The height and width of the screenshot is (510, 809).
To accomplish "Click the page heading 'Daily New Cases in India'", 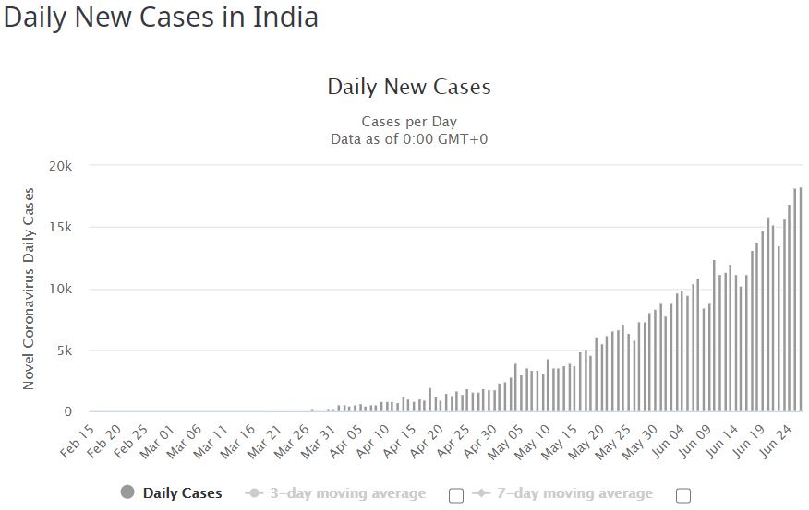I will point(161,18).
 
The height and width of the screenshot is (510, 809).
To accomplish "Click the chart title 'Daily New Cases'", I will point(408,88).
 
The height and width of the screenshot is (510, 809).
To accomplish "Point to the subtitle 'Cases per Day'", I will point(408,122).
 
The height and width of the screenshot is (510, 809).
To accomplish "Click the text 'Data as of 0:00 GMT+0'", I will point(408,138).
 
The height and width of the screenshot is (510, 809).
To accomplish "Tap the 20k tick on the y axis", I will point(61,166).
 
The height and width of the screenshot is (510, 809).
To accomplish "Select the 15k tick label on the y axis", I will point(61,228).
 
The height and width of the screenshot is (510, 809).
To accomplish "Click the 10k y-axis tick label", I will point(61,290).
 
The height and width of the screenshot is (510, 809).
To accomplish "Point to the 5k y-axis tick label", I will point(65,350).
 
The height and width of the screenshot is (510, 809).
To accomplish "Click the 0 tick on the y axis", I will point(68,412).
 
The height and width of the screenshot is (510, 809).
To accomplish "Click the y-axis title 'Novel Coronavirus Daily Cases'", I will point(29,289).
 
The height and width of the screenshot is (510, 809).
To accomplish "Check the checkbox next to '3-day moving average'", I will point(455,495).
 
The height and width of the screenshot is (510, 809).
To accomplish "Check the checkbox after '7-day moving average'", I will point(682,495).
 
